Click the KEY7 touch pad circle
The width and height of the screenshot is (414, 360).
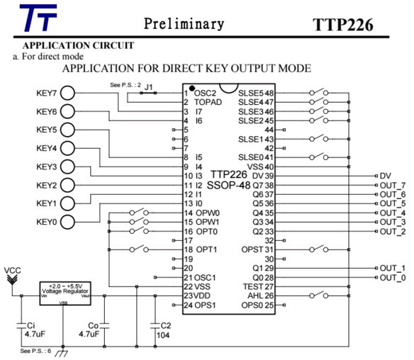(x=67, y=93)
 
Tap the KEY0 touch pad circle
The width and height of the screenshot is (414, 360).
(x=67, y=222)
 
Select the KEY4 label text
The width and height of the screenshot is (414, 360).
(x=47, y=148)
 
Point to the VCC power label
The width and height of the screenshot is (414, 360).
(x=12, y=271)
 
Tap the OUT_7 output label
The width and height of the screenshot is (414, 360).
(x=392, y=185)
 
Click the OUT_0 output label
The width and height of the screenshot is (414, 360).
(x=392, y=277)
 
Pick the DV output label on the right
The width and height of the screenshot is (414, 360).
(x=385, y=176)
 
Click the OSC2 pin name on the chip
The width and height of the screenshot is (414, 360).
(x=206, y=93)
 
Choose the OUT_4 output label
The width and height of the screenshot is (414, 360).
(x=392, y=213)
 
